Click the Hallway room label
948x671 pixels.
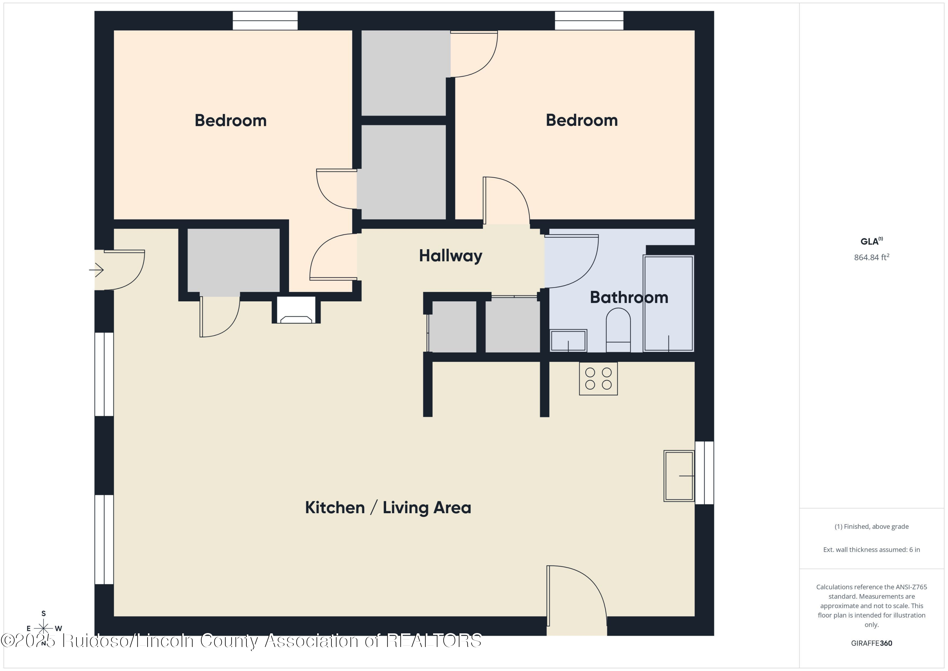click(451, 256)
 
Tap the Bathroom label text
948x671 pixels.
click(629, 298)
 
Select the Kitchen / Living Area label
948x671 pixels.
click(388, 508)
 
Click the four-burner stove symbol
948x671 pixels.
click(598, 379)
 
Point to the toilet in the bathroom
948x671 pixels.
click(618, 330)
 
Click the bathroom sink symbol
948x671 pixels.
click(568, 341)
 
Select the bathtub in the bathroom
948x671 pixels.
click(668, 303)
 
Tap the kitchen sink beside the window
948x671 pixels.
click(678, 476)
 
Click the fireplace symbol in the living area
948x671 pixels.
click(296, 310)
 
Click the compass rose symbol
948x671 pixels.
click(43, 628)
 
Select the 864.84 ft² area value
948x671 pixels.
click(871, 257)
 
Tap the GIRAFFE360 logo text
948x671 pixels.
click(871, 643)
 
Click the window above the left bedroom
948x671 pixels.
click(265, 21)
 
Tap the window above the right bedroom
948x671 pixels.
click(589, 21)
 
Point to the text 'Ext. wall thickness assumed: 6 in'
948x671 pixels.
click(871, 550)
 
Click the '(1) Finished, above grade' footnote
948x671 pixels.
click(871, 526)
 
